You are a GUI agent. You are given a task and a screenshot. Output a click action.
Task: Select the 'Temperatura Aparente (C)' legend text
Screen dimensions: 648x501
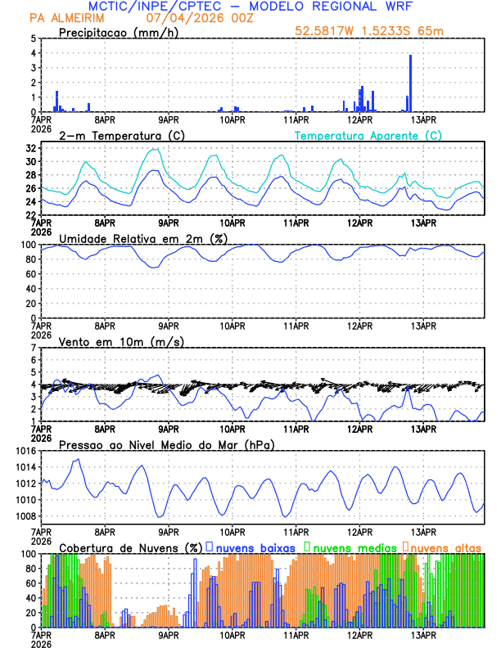coord(368,135)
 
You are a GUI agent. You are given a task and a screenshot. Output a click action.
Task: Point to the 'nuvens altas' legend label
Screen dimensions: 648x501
coord(446,547)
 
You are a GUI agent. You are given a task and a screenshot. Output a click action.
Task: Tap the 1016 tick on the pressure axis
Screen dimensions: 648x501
coord(25,451)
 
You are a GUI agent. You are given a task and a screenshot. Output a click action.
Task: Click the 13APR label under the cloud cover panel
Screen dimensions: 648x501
coord(422,634)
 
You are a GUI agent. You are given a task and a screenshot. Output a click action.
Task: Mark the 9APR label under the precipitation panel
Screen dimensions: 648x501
coord(169,119)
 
